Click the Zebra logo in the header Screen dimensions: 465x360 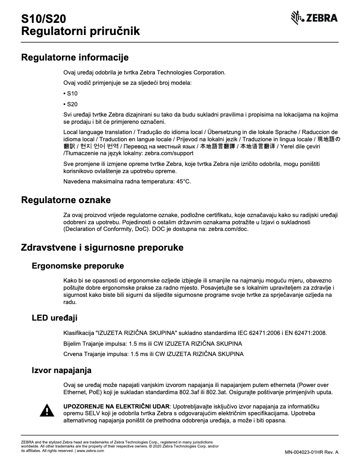(x=314, y=18)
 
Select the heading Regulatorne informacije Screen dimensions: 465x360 (x=75, y=57)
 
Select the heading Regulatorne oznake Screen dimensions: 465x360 (x=66, y=200)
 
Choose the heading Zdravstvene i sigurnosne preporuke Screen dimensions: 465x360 (x=102, y=248)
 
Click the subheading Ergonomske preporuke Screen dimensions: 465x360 (x=78, y=266)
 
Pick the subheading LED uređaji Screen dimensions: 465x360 (x=54, y=318)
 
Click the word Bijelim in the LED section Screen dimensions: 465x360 (x=74, y=343)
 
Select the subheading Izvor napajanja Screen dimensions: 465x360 (x=61, y=370)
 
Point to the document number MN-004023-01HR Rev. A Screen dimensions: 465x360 (x=311, y=452)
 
